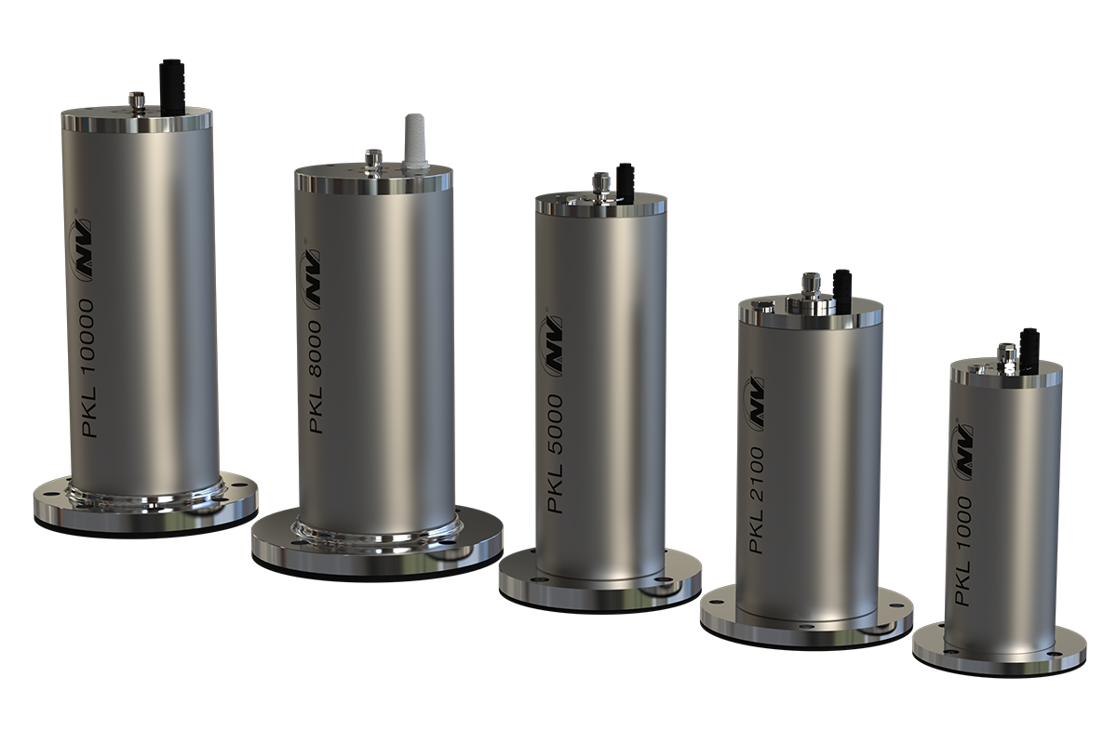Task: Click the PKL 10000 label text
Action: pyautogui.click(x=87, y=368)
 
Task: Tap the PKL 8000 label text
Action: pyautogui.click(x=316, y=377)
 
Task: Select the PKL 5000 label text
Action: pyautogui.click(x=555, y=454)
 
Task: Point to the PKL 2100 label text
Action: pyautogui.click(x=757, y=499)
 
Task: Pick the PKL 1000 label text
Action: pyautogui.click(x=962, y=551)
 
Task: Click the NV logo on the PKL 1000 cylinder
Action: pyautogui.click(x=962, y=452)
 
